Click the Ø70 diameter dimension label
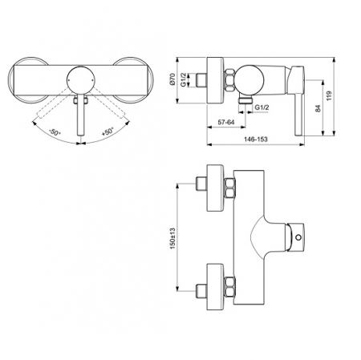coord(172,79)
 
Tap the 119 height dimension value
coord(329,95)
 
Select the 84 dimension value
coord(318,108)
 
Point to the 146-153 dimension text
coord(256,139)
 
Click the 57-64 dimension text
coord(226,123)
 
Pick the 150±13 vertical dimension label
coord(172,238)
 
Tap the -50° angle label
coord(55,132)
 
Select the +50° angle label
coord(107,131)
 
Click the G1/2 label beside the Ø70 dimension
coord(184,79)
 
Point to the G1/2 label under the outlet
coord(262,107)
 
